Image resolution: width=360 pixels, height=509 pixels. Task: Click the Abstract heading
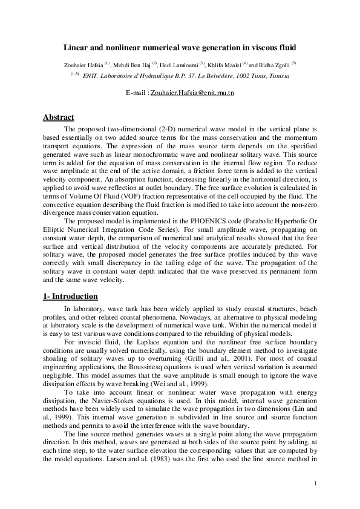pyautogui.click(x=59, y=117)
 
